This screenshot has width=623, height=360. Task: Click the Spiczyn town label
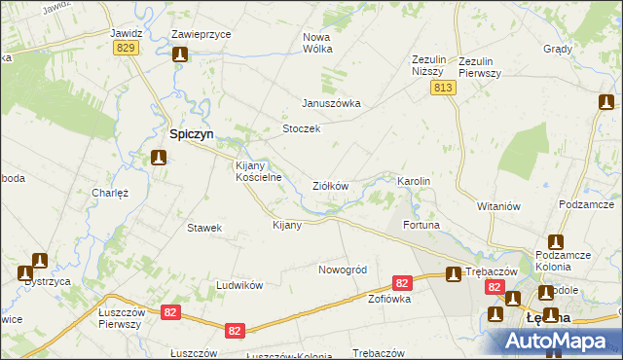(193, 134)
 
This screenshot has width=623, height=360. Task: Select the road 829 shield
(124, 48)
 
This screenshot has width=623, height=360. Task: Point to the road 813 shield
(444, 88)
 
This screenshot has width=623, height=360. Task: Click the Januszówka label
(332, 103)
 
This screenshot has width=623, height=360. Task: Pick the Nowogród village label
(342, 269)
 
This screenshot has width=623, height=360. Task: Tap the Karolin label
(414, 182)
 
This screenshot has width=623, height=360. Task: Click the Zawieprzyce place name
(201, 33)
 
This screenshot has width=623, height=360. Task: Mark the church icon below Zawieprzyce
(179, 55)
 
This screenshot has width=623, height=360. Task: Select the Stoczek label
(301, 129)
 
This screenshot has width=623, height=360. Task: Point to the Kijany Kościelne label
(259, 171)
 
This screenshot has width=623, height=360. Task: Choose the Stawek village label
(204, 228)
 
